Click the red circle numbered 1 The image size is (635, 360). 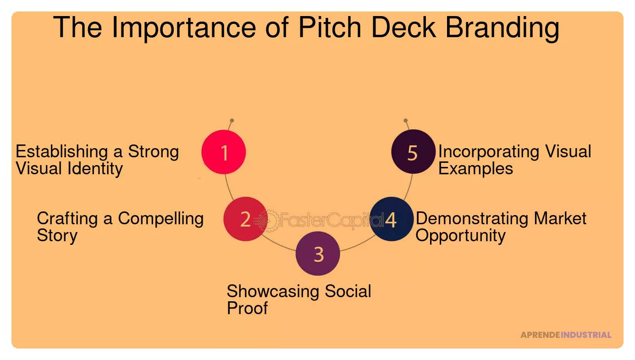point(224,152)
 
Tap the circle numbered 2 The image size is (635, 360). point(245,219)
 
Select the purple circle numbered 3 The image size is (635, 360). point(318,254)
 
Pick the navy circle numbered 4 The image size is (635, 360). point(391,219)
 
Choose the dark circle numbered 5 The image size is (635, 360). point(413,152)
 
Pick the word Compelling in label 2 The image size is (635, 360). point(160,219)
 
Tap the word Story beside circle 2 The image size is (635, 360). point(57,236)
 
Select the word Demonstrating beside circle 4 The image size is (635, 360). point(465,219)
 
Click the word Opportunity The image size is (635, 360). point(460,236)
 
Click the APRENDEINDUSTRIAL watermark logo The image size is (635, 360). point(565,335)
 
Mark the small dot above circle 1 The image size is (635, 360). point(232,121)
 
